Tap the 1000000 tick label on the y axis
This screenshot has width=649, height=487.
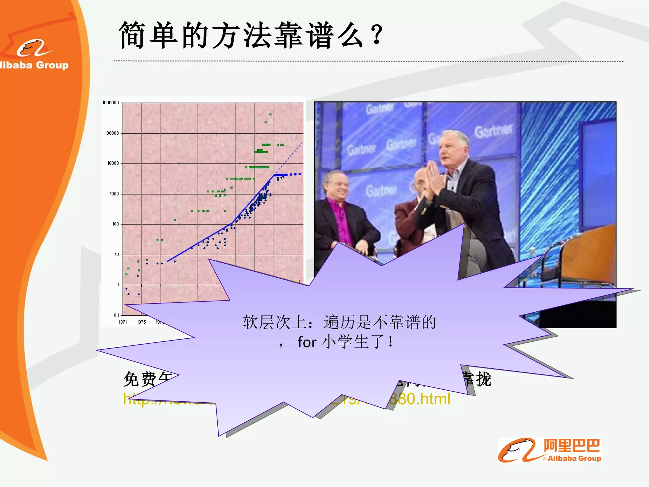(110, 103)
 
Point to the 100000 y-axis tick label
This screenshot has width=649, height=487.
(112, 133)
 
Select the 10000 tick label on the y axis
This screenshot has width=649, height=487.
(113, 163)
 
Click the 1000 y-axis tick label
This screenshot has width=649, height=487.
(114, 194)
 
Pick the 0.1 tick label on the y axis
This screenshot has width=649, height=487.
(116, 315)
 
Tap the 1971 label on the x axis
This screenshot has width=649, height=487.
(123, 322)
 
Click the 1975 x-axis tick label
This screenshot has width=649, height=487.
(141, 322)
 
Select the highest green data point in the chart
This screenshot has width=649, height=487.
(270, 114)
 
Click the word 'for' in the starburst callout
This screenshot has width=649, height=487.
(307, 342)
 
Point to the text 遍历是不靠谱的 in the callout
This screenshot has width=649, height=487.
(380, 322)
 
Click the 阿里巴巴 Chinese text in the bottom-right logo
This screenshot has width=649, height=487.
(572, 446)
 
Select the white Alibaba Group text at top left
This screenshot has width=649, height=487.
(34, 65)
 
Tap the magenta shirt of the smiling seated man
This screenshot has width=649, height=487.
(343, 222)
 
